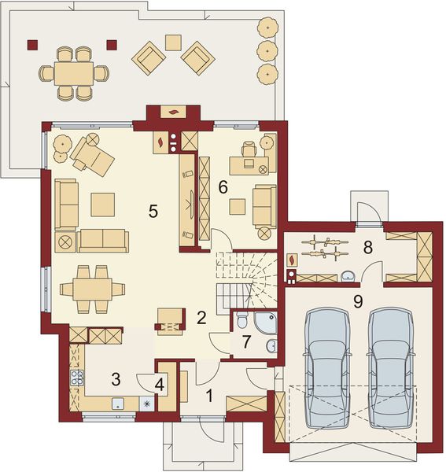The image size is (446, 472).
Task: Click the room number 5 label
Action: [153, 211]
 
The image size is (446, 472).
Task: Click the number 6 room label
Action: [223, 187]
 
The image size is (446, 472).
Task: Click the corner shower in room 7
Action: [265, 322]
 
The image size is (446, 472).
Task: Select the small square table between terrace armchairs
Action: [173, 42]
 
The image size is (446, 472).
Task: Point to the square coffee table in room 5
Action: [102, 205]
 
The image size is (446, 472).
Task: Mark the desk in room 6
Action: [248, 165]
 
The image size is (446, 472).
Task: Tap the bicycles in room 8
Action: [325, 248]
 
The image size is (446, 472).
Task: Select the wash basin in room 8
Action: [348, 275]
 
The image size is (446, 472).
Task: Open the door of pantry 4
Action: [148, 380]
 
